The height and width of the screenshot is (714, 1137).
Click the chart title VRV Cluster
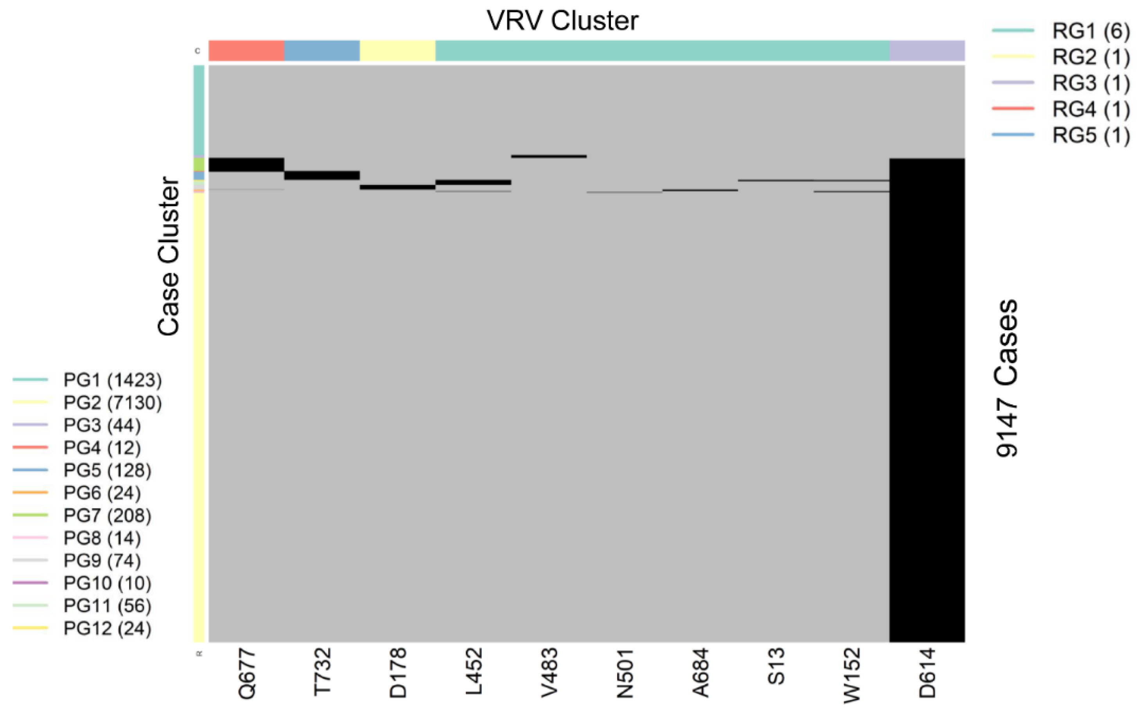click(x=562, y=21)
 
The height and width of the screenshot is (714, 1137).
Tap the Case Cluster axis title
click(x=169, y=256)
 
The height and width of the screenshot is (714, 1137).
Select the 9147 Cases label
click(x=1006, y=378)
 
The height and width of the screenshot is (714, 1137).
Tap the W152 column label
click(x=851, y=675)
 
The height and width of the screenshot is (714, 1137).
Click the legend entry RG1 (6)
click(x=1090, y=31)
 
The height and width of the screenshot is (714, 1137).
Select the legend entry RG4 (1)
click(x=1090, y=110)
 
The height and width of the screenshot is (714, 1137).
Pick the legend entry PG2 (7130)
click(x=112, y=403)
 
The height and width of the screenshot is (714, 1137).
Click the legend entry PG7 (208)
click(x=107, y=516)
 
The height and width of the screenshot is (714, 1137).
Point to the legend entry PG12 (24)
click(x=107, y=629)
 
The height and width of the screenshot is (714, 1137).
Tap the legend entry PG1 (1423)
click(x=112, y=380)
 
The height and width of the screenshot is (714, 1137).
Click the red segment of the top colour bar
click(x=246, y=50)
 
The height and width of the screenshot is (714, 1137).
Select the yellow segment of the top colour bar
click(x=397, y=50)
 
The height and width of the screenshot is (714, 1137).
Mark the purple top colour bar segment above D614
click(x=927, y=50)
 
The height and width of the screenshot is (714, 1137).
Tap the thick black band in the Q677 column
click(x=246, y=164)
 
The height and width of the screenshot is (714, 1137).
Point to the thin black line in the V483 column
click(x=549, y=156)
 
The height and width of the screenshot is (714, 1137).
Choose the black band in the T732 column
click(x=322, y=175)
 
